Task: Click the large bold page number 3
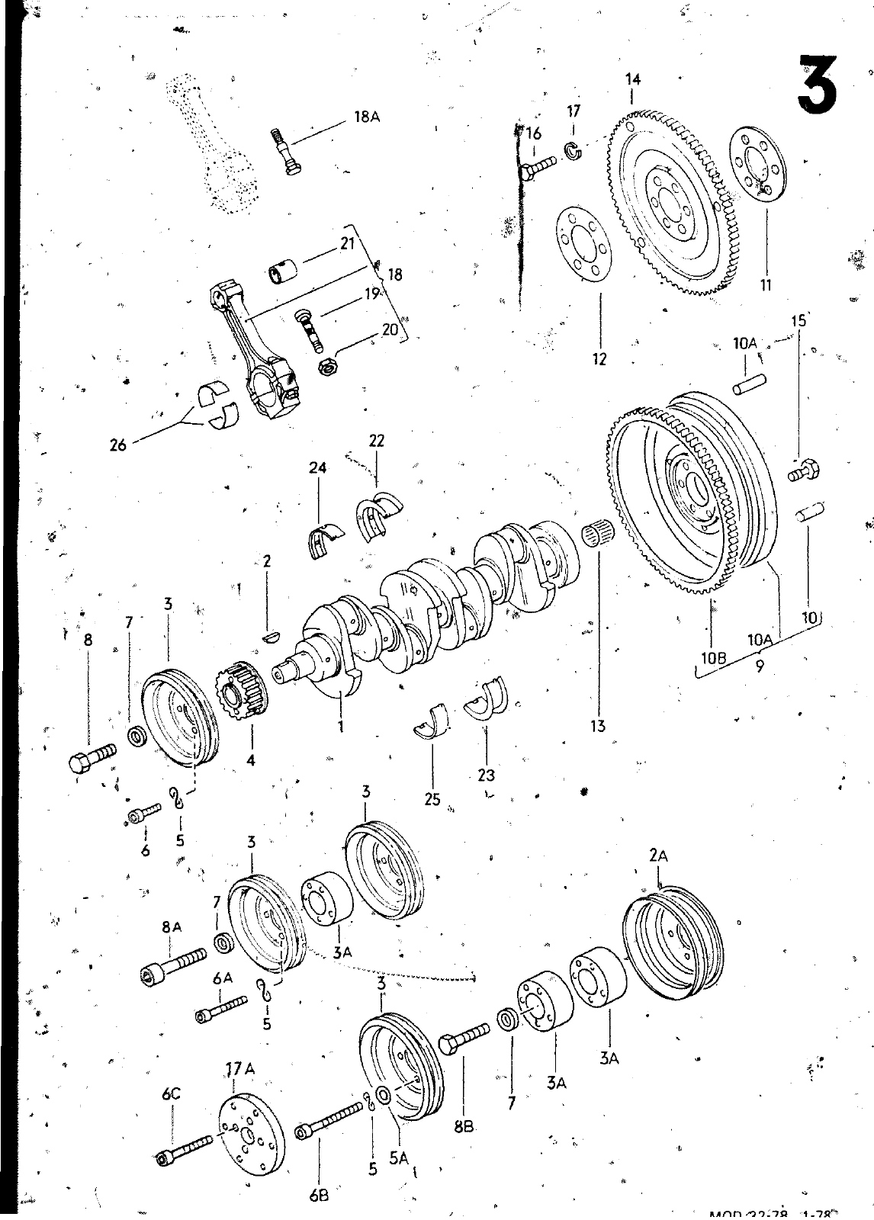pos(816,82)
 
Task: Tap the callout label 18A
pos(367,117)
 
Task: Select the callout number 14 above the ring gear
pos(632,79)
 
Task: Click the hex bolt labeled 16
pos(538,166)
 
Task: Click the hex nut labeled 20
pos(328,366)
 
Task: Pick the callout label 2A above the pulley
pos(659,856)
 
